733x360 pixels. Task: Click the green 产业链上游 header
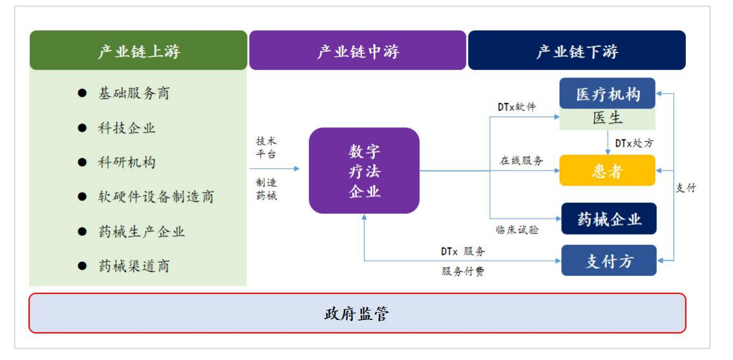pyautogui.click(x=138, y=51)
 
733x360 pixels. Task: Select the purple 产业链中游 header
pyautogui.click(x=357, y=51)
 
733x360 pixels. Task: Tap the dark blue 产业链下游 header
pyautogui.click(x=577, y=51)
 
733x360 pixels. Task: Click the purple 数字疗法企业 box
pyautogui.click(x=364, y=171)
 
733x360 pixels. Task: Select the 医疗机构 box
pyautogui.click(x=608, y=94)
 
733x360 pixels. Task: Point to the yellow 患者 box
pyautogui.click(x=608, y=171)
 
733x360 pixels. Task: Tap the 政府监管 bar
pyautogui.click(x=357, y=314)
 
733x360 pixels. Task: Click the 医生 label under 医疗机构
pyautogui.click(x=608, y=118)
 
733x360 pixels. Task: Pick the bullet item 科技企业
pyautogui.click(x=127, y=128)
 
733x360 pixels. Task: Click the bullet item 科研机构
pyautogui.click(x=127, y=162)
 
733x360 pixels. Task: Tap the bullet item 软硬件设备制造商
pyautogui.click(x=156, y=196)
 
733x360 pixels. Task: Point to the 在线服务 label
pyautogui.click(x=521, y=160)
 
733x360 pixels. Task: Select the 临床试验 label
pyautogui.click(x=517, y=229)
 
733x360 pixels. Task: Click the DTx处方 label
pyautogui.click(x=633, y=143)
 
